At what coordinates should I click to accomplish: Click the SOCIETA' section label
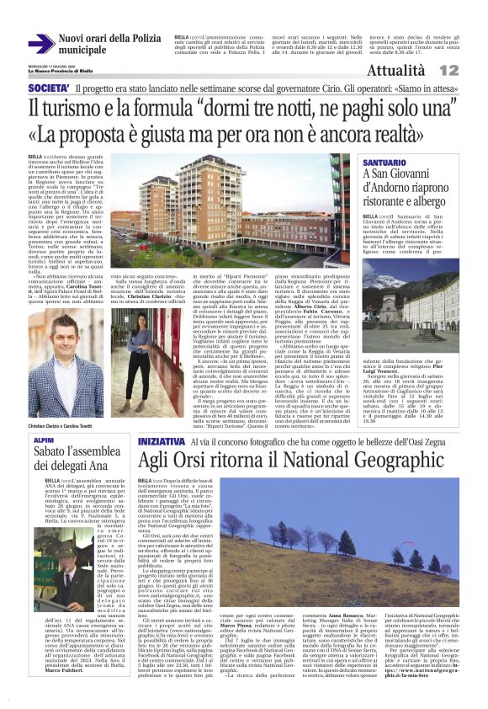pyautogui.click(x=48, y=88)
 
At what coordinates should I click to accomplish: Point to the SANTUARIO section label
pyautogui.click(x=386, y=162)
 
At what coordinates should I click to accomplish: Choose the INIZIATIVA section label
pyautogui.click(x=160, y=440)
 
